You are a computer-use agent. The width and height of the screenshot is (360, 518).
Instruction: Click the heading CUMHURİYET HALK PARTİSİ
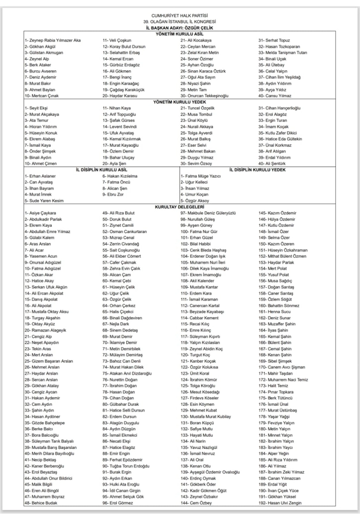pos(179,15)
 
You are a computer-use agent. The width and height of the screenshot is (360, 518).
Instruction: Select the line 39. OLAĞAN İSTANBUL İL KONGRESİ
pos(179,21)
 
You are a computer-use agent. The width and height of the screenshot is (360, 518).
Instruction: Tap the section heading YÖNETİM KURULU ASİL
pos(179,34)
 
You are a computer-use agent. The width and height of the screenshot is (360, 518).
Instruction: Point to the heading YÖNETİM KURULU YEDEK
pos(179,101)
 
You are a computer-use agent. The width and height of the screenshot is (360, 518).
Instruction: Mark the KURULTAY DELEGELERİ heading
pos(179,206)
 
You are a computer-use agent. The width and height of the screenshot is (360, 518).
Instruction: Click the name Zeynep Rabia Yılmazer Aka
pos(52,40)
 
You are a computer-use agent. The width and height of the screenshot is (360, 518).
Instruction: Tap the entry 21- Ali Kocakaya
pos(196,40)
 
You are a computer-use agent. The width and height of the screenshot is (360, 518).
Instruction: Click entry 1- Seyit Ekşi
pos(36,108)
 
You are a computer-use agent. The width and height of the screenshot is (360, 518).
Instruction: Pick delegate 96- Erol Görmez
pos(120,502)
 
